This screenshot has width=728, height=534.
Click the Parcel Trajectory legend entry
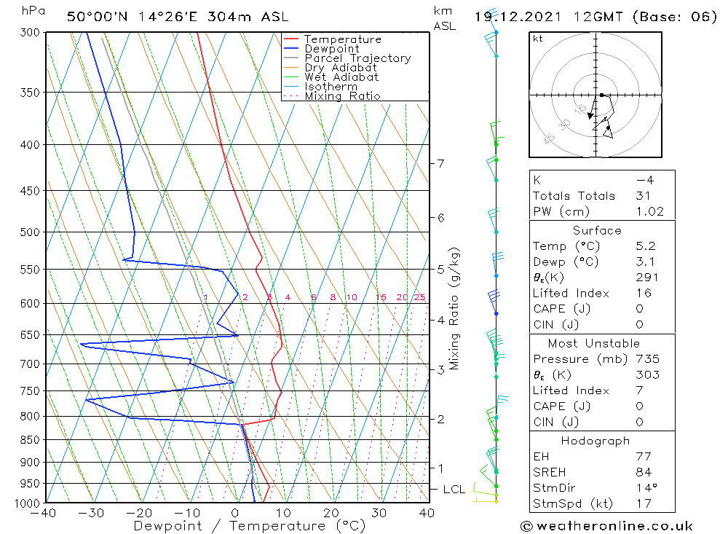point(357,58)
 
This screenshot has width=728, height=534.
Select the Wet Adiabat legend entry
point(341,77)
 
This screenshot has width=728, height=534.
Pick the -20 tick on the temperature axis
point(140,513)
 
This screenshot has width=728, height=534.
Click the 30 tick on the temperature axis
point(379,513)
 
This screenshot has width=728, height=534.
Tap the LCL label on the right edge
point(454,490)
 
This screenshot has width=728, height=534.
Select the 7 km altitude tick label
point(440,163)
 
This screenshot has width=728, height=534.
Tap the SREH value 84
point(644,472)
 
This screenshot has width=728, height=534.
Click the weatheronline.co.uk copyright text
point(606,526)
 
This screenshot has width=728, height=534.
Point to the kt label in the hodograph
point(538,39)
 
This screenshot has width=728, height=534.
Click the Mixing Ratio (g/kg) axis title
point(454,308)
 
